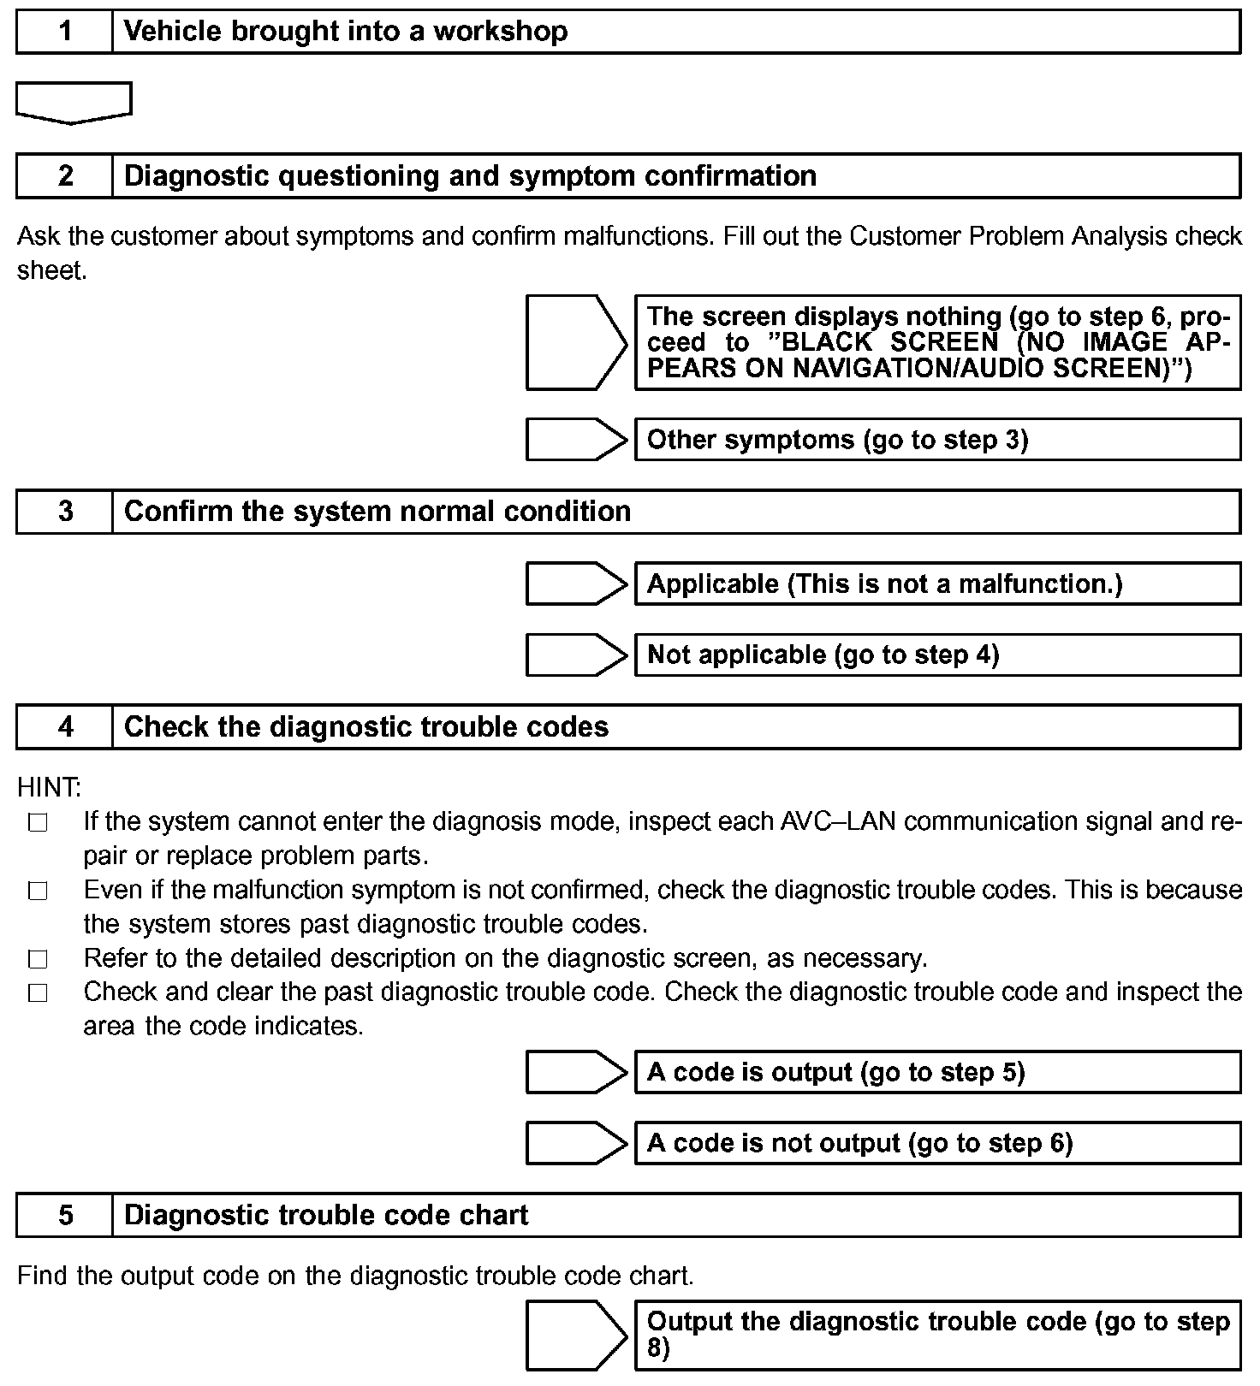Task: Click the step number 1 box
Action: (65, 32)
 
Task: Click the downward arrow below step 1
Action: (74, 102)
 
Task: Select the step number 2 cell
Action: (65, 176)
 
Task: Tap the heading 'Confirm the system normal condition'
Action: (377, 512)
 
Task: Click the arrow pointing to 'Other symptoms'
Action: (576, 440)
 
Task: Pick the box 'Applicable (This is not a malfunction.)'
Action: (937, 584)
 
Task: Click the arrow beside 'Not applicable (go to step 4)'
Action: (576, 655)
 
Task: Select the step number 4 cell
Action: (65, 727)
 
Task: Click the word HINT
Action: (49, 786)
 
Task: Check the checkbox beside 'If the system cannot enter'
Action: (38, 823)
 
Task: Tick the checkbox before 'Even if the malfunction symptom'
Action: (38, 891)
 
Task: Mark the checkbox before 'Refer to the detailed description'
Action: (38, 960)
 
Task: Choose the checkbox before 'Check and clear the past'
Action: (38, 993)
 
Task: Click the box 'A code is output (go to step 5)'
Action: (937, 1073)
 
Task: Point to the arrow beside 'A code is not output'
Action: (576, 1144)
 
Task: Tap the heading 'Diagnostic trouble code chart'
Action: (326, 1216)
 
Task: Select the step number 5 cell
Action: (65, 1216)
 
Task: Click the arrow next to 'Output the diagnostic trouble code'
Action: (576, 1336)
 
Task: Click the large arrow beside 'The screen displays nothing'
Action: (576, 342)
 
